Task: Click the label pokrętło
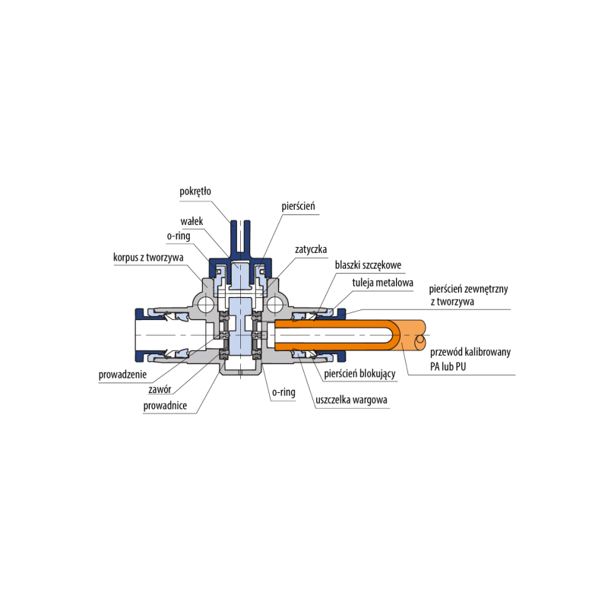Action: click(x=195, y=192)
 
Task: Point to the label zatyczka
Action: click(x=311, y=249)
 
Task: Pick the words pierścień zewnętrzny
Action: click(x=474, y=290)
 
